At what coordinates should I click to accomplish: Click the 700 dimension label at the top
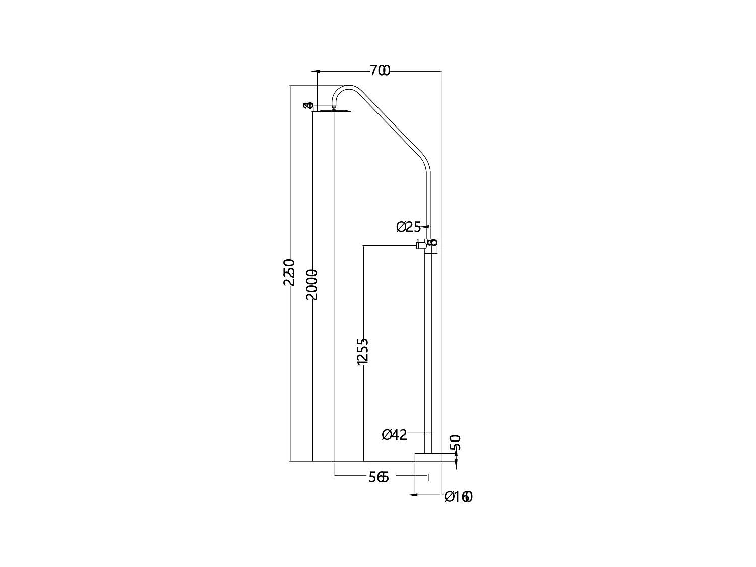coord(380,71)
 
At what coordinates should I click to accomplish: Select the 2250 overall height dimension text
coord(289,272)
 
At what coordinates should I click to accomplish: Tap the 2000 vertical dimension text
coord(312,285)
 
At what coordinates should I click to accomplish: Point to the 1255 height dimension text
coord(362,351)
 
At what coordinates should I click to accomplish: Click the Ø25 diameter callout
coord(408,227)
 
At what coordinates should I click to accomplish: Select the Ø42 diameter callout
coord(394,434)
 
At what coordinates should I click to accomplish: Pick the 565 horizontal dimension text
coord(379,477)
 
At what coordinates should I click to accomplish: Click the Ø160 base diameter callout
coord(458,497)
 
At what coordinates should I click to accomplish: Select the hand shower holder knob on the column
coord(419,245)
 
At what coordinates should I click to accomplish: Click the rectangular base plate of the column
coord(428,457)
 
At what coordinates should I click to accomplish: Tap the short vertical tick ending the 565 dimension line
coord(428,477)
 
